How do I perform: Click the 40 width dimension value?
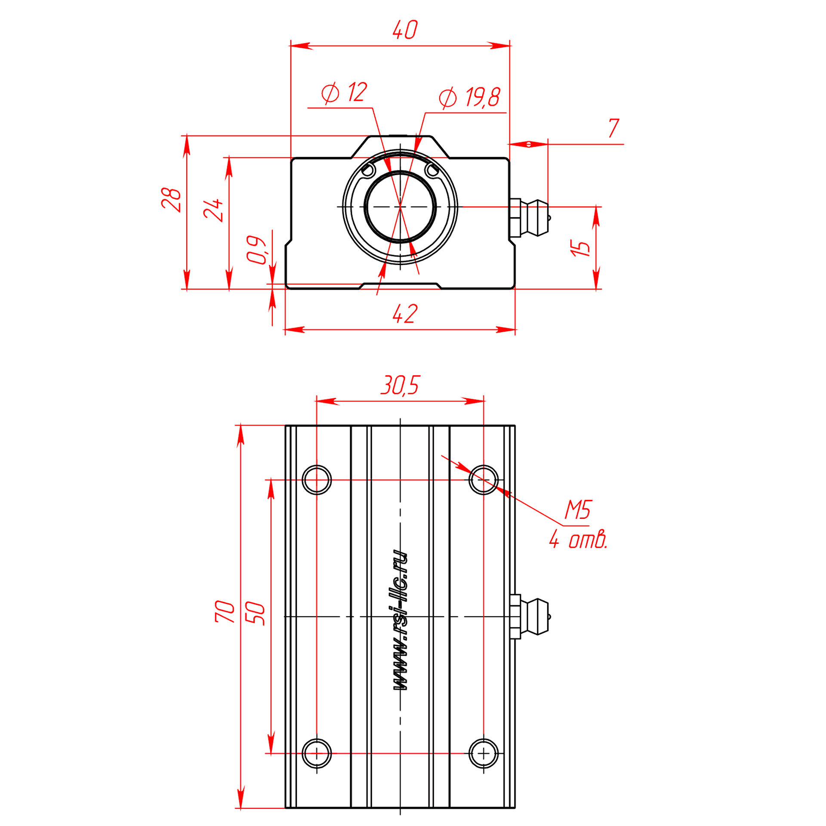(405, 30)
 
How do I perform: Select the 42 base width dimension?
(405, 314)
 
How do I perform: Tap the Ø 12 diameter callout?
(344, 92)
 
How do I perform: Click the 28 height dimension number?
(171, 200)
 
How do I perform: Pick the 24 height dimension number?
(213, 210)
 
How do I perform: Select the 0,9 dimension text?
(257, 250)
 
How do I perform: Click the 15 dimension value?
(579, 248)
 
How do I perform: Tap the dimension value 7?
(613, 128)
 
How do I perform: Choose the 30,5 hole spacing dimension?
(400, 385)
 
